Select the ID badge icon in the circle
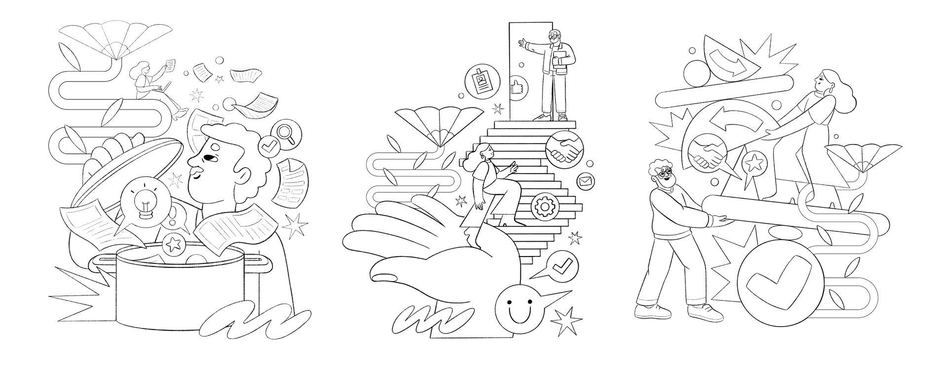(479, 82)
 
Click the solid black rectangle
(550, 180)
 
